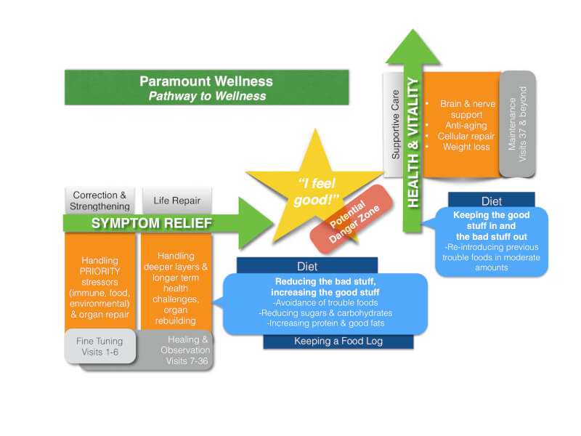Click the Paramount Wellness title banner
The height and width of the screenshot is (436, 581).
(x=206, y=87)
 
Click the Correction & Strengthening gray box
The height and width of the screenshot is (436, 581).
(x=99, y=200)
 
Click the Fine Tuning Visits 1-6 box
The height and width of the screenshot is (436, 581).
(x=99, y=346)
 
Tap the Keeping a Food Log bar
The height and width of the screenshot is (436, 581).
(x=338, y=341)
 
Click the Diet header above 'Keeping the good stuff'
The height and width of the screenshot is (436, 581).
(x=491, y=201)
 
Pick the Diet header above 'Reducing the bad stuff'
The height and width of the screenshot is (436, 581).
(x=307, y=266)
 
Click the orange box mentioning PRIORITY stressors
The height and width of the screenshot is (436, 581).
(x=99, y=283)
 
